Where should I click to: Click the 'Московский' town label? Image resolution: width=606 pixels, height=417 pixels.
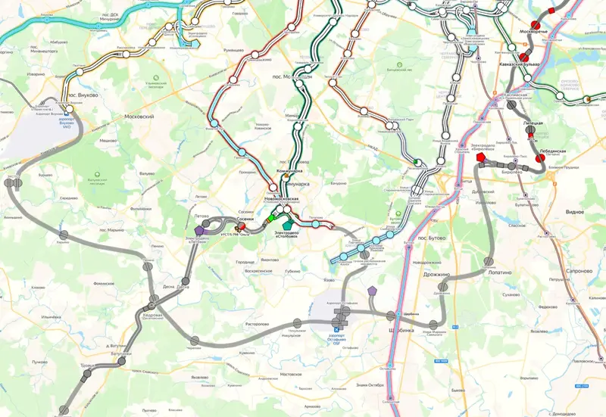(139, 117)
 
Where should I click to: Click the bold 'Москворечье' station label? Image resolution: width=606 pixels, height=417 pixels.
(533, 33)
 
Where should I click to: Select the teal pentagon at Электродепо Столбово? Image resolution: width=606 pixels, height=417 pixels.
(287, 223)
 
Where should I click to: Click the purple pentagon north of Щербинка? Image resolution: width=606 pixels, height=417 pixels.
(372, 291)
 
